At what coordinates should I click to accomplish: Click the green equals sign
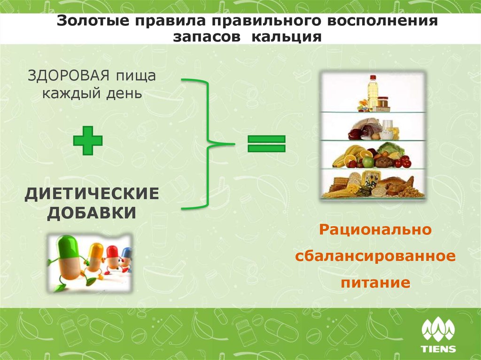(x=266, y=144)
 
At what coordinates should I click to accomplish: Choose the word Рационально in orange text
(x=375, y=230)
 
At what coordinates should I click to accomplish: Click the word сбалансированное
(x=375, y=257)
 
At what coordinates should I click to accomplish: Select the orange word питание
(x=375, y=283)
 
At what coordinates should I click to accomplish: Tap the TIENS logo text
(x=438, y=348)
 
